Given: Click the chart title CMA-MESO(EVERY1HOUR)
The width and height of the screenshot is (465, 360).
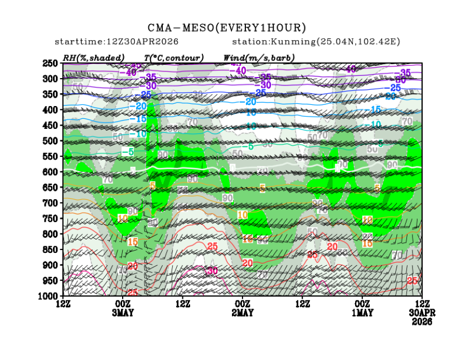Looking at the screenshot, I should coord(227,27).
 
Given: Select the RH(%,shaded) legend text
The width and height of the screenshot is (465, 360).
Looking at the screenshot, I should coord(94,57).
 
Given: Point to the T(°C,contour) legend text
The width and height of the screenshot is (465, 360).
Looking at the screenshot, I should coord(173,57).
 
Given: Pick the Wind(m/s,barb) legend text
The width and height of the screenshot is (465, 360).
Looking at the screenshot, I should coord(259,57).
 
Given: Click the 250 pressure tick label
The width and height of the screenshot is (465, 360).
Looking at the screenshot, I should coord(51,64).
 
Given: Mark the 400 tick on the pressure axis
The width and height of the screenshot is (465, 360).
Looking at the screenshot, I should coord(51,110).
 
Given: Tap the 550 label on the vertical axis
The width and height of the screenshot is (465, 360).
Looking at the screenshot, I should coord(51,156).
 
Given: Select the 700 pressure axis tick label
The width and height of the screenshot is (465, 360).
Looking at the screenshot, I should coord(51,203).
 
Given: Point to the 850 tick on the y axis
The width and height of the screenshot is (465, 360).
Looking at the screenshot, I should coord(51,249).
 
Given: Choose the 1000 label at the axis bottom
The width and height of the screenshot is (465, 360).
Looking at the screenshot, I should coord(49,295).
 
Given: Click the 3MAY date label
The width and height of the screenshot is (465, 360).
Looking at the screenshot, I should coord(123,313).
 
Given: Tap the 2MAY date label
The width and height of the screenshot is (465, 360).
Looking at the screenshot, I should coord(243,313).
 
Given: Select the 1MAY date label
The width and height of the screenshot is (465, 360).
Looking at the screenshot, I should coord(362,313).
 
